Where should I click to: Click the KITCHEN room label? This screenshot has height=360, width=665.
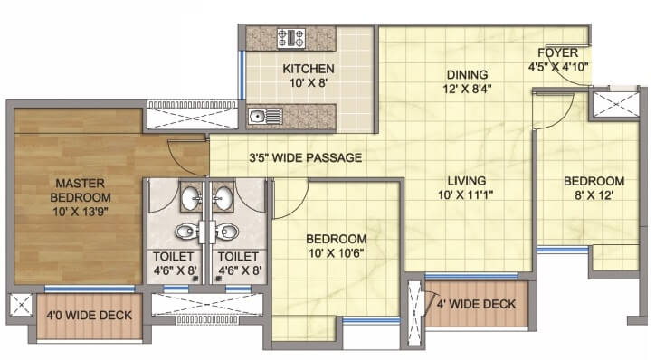coord(309,69)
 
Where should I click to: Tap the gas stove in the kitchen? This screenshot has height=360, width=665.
coord(294,38)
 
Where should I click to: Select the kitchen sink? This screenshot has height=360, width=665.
coord(262,115)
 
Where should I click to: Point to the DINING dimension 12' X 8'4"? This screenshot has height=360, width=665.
coord(466,89)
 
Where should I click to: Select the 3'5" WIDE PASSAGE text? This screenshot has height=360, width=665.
coord(305,158)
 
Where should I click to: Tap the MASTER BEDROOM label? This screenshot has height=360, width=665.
coord(81,190)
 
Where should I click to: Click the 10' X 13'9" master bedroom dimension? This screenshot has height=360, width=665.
coord(81,213)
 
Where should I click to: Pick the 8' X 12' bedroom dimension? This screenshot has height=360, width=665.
coord(594,196)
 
